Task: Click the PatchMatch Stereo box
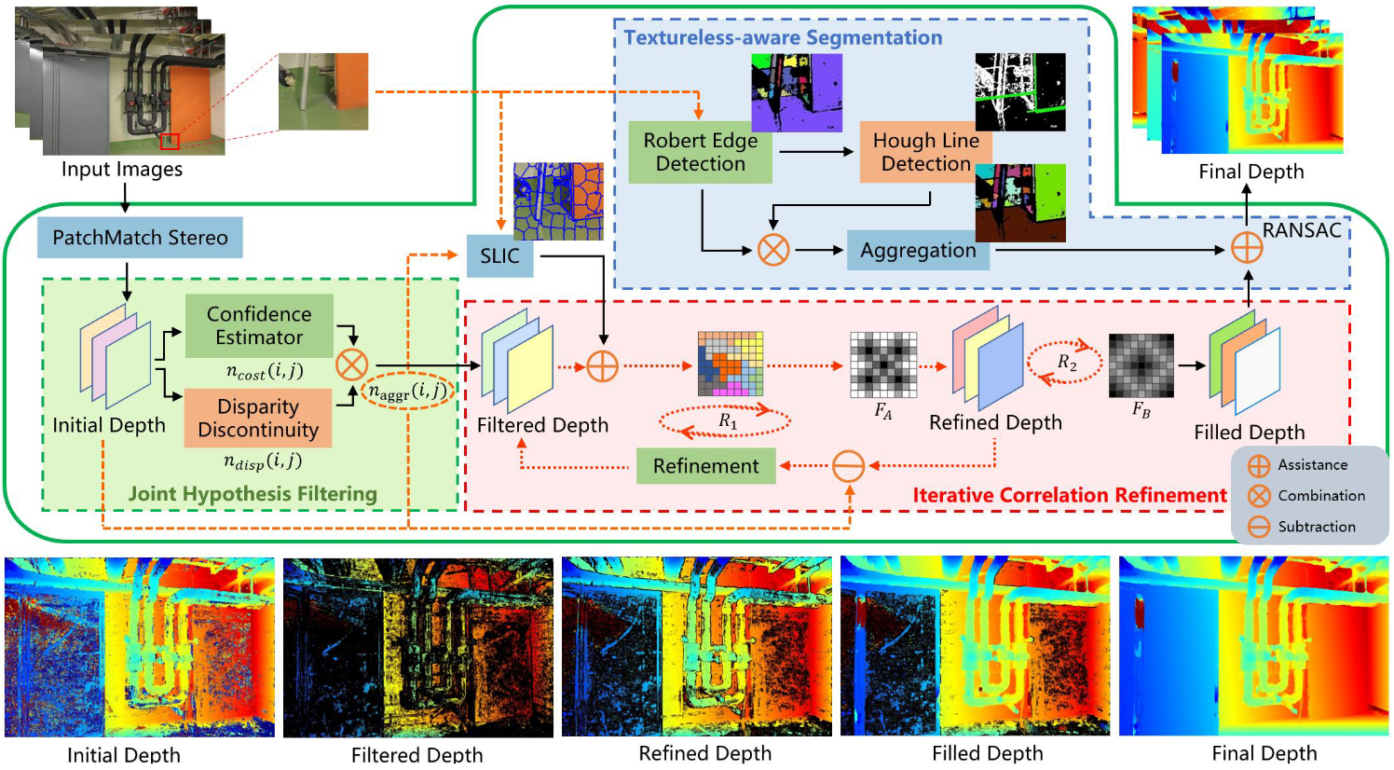(x=140, y=238)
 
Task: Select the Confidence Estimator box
(x=259, y=325)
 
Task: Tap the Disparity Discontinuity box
(x=258, y=418)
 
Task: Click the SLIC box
(x=499, y=255)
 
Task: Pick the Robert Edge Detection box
(x=701, y=152)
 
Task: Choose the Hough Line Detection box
(x=925, y=152)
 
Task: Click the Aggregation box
(x=918, y=250)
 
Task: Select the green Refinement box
(x=705, y=465)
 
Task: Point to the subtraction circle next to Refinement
(x=848, y=465)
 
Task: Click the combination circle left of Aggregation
(x=772, y=250)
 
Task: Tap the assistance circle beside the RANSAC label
(x=1247, y=248)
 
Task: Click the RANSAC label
(x=1302, y=230)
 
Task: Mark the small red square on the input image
(x=170, y=141)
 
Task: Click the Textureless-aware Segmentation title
(x=783, y=37)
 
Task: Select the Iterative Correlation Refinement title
(x=1070, y=495)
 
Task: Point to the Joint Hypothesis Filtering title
(x=253, y=493)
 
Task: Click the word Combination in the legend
(x=1321, y=495)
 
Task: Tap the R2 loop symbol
(x=1066, y=363)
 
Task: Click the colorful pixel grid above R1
(x=731, y=364)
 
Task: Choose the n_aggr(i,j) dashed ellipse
(x=407, y=392)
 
